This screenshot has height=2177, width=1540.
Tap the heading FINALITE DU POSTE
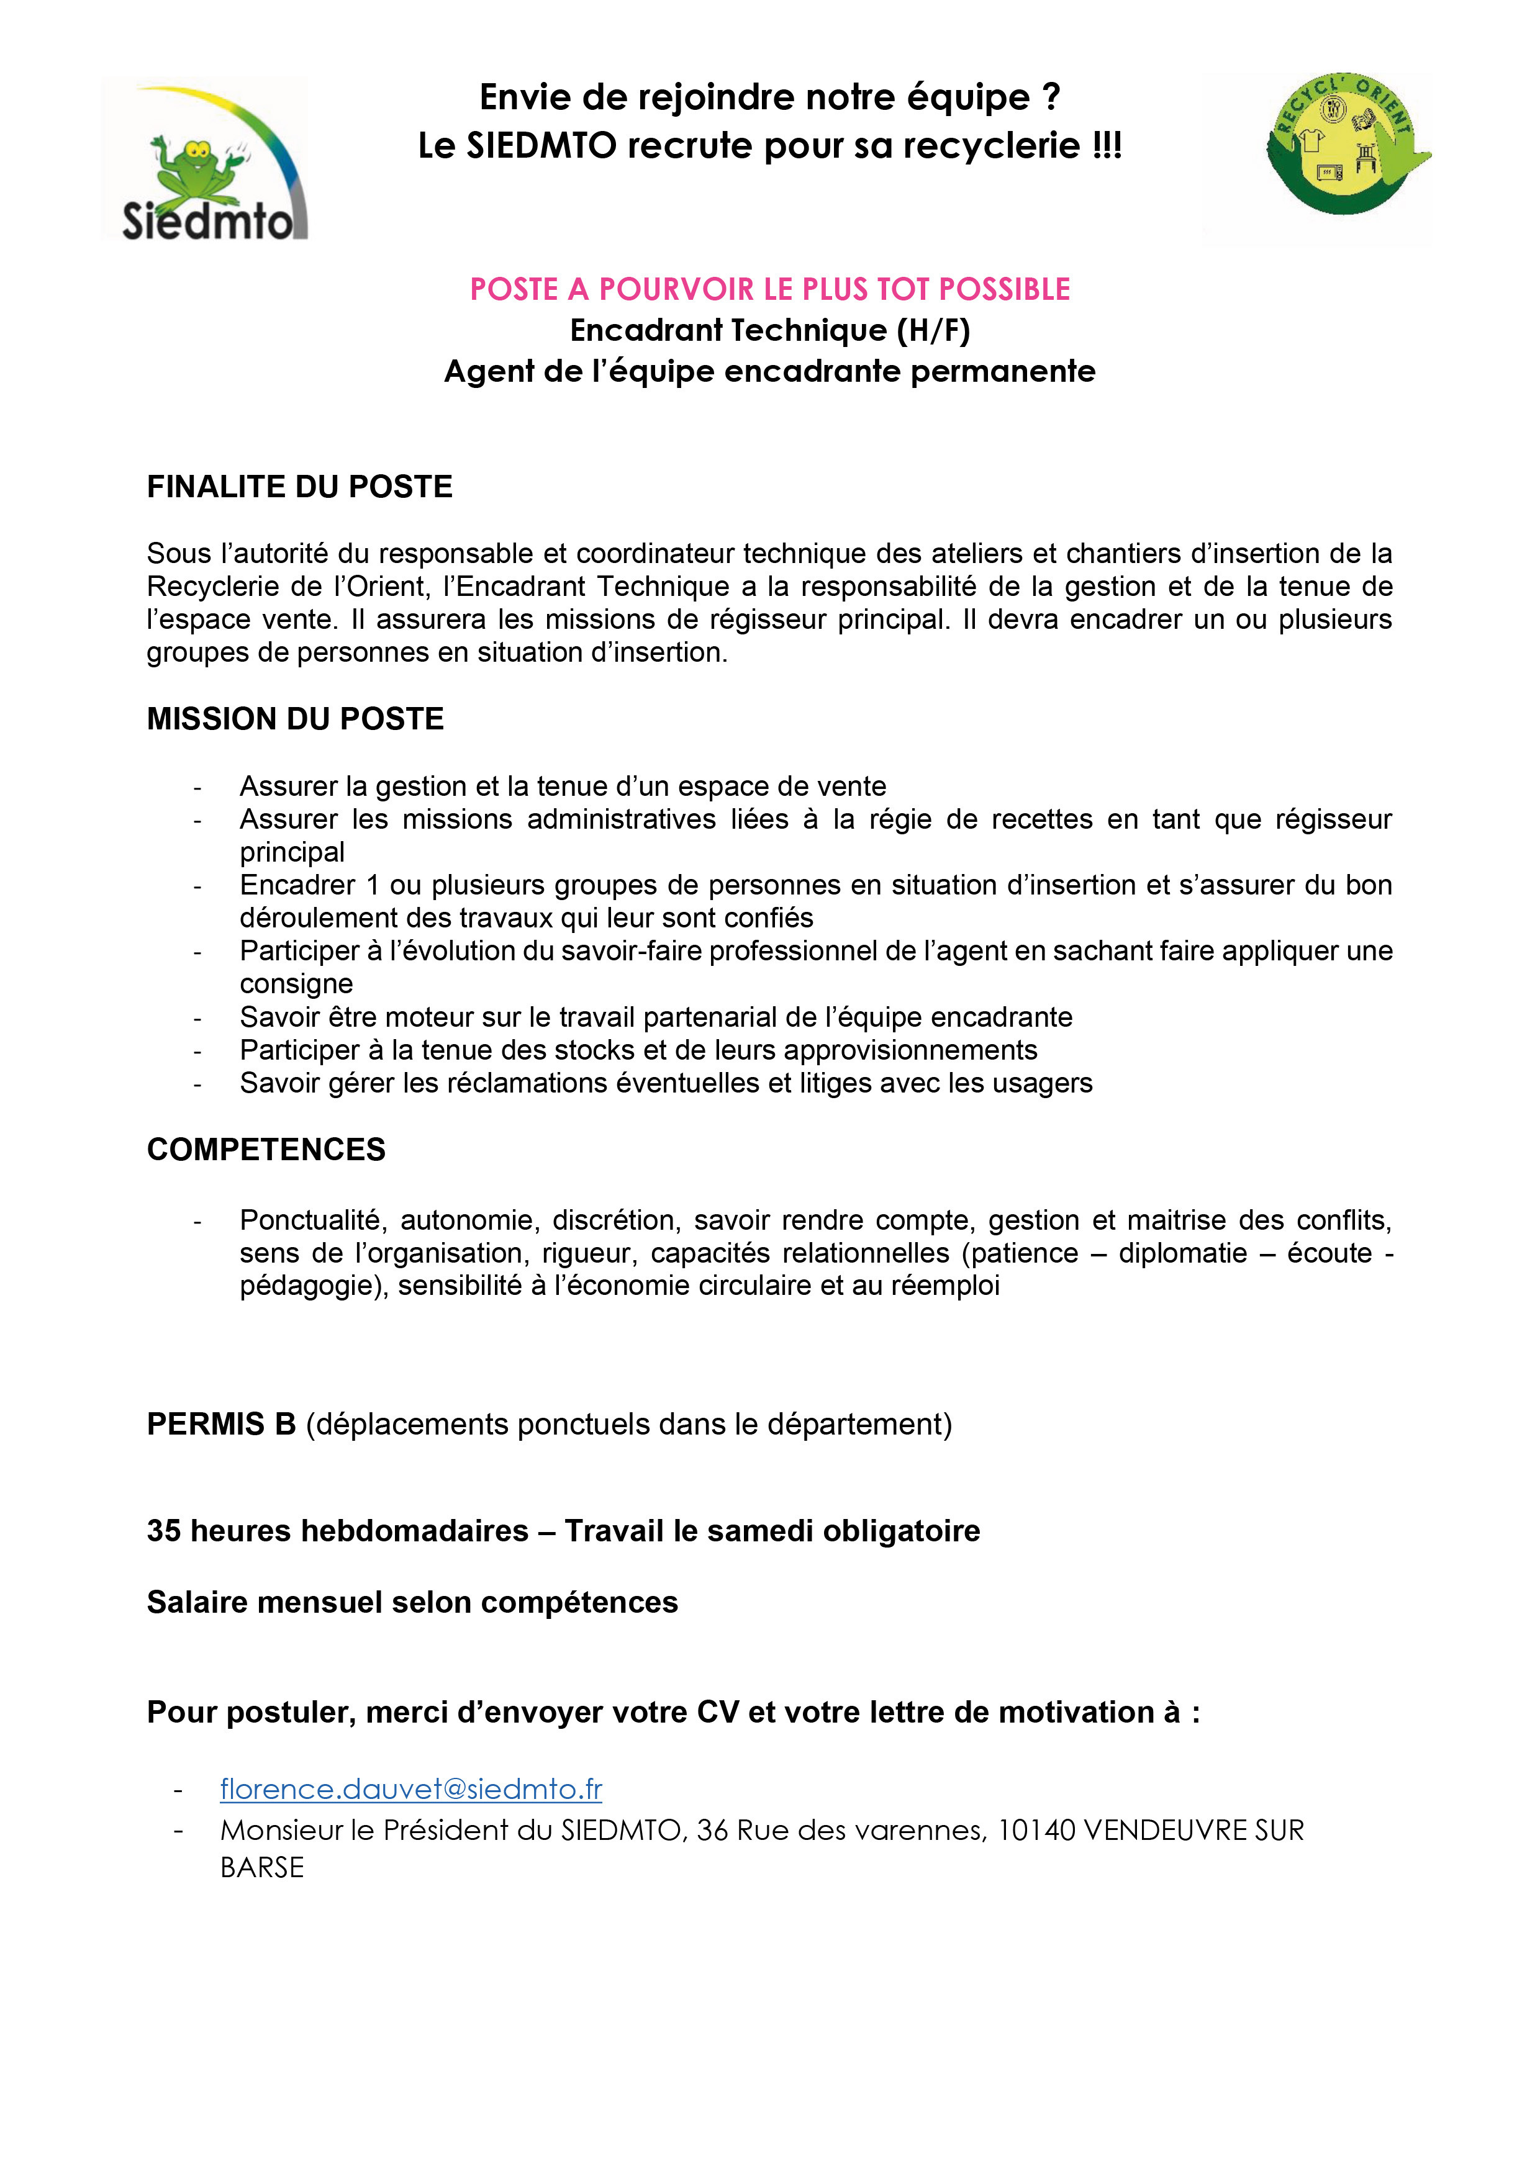[300, 487]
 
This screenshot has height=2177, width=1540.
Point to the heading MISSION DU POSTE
[295, 719]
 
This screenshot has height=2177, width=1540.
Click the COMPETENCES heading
[266, 1149]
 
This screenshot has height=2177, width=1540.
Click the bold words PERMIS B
[221, 1424]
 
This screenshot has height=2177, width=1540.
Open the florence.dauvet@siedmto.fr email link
[410, 1789]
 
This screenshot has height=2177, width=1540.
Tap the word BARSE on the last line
[261, 1868]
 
